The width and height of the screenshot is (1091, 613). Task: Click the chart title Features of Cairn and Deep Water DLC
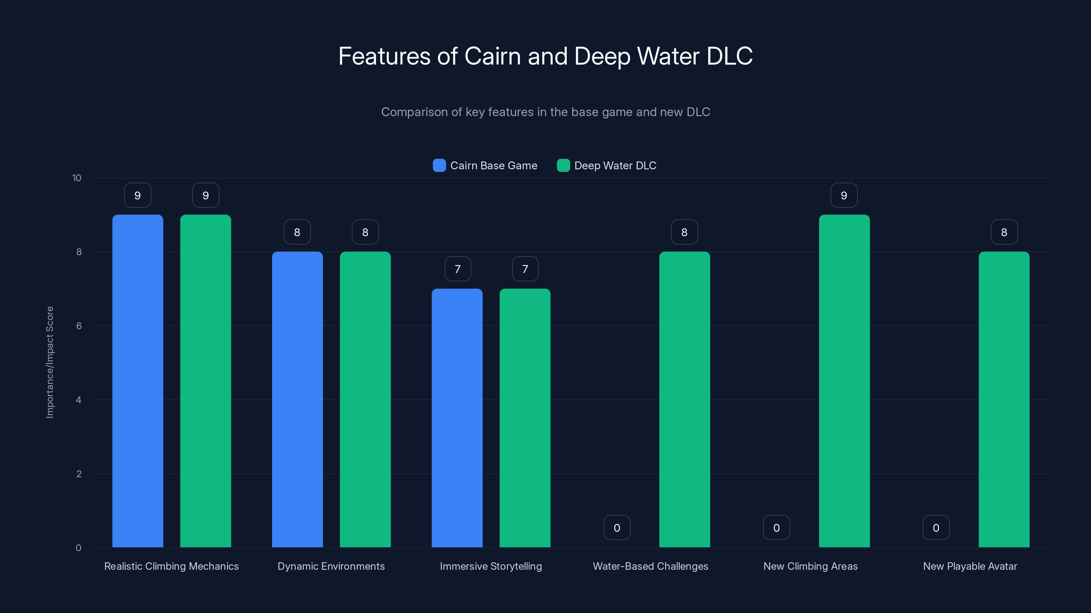tap(545, 56)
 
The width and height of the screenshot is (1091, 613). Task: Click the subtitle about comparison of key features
tap(545, 112)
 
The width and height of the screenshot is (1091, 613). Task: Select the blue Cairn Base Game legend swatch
tap(439, 166)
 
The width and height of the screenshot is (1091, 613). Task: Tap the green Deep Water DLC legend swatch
tap(563, 166)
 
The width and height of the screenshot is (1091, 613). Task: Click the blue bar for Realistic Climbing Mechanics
tap(138, 381)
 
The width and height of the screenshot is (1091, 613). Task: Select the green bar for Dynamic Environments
tap(365, 400)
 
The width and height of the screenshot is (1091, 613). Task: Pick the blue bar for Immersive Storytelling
tap(457, 418)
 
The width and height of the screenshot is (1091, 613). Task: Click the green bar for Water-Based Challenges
tap(684, 400)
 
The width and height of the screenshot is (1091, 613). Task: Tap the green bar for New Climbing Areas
tap(844, 381)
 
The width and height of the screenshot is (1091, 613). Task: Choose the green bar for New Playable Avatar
tap(1004, 400)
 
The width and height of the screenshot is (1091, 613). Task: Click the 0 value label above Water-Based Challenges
tap(617, 528)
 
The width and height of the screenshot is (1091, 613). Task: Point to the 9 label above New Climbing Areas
tap(844, 195)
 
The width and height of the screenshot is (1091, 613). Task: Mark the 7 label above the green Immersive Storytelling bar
tap(525, 269)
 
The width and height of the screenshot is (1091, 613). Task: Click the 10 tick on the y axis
tap(77, 178)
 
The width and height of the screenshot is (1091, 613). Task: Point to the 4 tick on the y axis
tap(78, 400)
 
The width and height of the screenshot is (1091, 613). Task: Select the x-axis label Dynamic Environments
tap(331, 566)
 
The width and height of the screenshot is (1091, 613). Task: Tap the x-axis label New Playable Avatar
tap(970, 566)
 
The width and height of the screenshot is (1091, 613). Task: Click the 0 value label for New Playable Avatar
tap(936, 528)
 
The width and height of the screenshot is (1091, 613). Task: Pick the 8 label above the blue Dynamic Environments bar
tap(297, 232)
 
